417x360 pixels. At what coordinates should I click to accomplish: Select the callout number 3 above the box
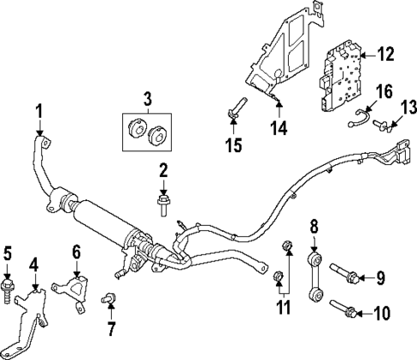147,100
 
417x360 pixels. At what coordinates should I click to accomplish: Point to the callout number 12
385,55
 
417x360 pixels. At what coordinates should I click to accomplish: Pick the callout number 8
314,228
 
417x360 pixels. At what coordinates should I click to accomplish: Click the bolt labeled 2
162,204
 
